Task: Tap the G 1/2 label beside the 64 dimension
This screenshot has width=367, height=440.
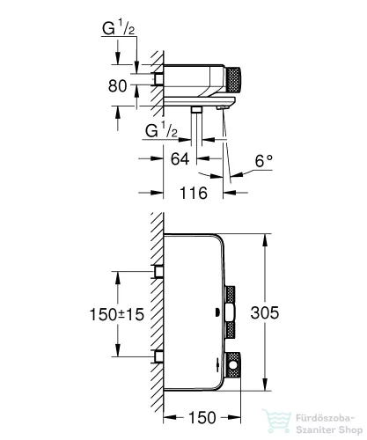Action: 161,131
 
